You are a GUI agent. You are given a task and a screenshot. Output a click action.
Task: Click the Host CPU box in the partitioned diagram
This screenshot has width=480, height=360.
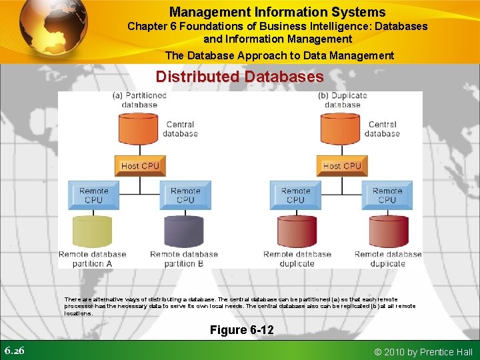pos(140,165)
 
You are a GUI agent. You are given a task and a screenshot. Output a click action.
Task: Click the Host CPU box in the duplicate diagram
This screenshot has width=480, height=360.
pos(341,165)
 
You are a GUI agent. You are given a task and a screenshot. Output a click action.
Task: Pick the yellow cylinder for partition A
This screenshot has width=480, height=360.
pos(93,231)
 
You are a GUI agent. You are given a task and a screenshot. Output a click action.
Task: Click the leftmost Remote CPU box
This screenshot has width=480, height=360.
pos(94,195)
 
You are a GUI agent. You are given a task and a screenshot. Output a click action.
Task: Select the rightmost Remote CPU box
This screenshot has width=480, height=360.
pos(387,195)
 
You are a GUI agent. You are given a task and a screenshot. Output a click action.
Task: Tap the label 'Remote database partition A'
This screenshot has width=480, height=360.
pos(92,259)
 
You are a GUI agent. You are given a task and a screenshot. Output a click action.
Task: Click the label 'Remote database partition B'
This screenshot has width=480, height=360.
pos(183,259)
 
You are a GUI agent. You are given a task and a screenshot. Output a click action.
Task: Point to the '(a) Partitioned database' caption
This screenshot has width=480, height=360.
pos(139,100)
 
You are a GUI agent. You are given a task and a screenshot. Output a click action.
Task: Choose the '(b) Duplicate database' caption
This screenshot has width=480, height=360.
pos(342,100)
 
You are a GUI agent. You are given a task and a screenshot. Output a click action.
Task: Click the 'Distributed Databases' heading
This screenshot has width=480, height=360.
pos(239,77)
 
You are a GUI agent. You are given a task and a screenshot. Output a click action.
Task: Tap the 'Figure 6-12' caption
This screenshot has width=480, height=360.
pos(241,330)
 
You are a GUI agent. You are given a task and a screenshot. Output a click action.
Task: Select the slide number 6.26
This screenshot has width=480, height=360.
pos(15,351)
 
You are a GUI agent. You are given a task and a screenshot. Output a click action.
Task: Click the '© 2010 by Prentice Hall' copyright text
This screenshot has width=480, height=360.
pos(424,352)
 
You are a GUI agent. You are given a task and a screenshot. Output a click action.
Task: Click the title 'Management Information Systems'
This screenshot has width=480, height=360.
pos(277,12)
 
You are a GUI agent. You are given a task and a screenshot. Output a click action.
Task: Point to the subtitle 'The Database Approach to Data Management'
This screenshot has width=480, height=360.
pos(279,56)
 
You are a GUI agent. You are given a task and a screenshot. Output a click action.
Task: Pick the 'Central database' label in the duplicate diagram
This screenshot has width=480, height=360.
pos(382,129)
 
